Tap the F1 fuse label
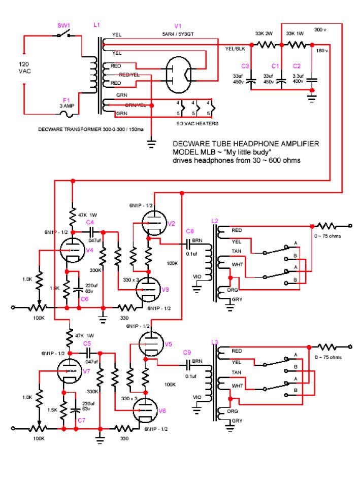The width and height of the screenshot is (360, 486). tap(66, 100)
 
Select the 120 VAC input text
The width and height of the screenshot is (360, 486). tap(24, 68)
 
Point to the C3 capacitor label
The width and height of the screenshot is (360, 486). tap(245, 66)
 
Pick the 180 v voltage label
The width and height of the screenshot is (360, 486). tap(321, 51)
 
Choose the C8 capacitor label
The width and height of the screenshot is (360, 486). tap(190, 231)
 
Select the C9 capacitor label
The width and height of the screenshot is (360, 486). tap(187, 352)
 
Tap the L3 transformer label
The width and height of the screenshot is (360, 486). tap(214, 342)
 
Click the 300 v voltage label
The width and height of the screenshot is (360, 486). tap(320, 30)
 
